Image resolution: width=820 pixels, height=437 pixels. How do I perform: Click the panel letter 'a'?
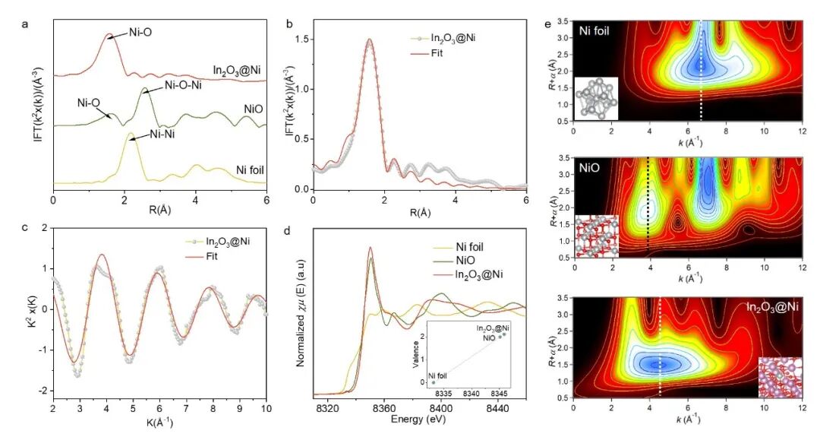tap(26, 22)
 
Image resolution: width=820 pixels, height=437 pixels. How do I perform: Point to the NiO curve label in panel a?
tap(252, 109)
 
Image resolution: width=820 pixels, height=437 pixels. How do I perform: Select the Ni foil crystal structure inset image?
tap(596, 97)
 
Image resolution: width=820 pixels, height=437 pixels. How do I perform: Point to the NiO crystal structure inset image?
tap(597, 236)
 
